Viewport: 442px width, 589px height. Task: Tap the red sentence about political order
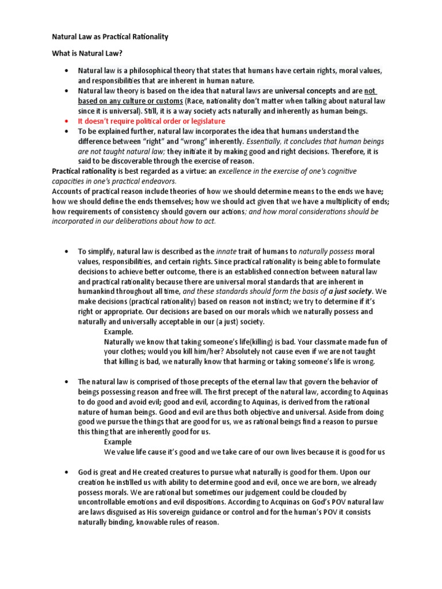[151, 121]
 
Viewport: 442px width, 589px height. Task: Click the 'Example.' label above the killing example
[119, 332]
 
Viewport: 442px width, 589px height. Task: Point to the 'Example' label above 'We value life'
[117, 442]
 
